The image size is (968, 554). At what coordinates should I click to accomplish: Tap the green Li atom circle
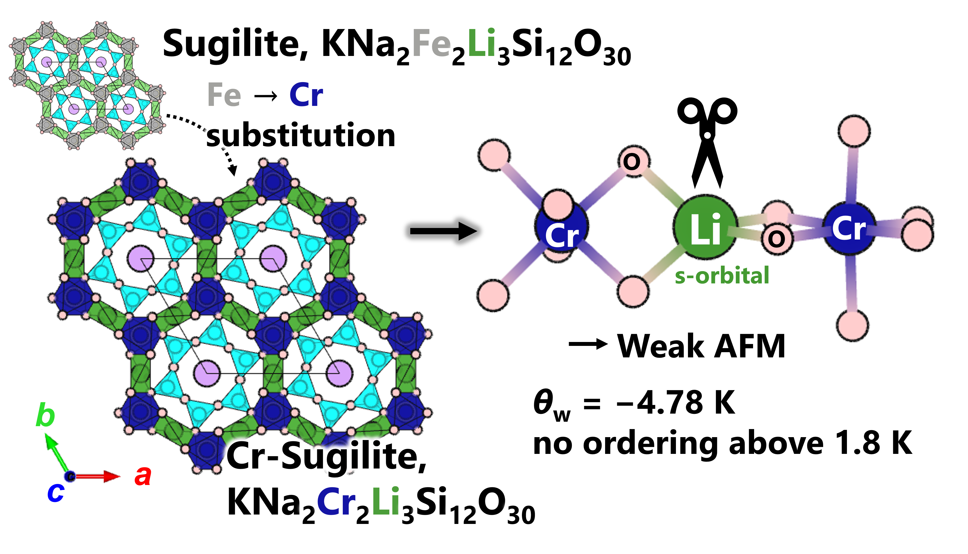pyautogui.click(x=705, y=227)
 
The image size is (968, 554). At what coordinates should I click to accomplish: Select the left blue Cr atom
pyautogui.click(x=561, y=228)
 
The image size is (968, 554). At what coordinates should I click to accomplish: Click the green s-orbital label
pyautogui.click(x=722, y=276)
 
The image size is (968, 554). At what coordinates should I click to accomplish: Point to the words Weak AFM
pyautogui.click(x=701, y=346)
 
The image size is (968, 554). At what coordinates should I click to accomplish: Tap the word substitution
pyautogui.click(x=301, y=135)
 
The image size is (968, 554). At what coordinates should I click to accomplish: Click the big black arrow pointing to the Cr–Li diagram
pyautogui.click(x=443, y=231)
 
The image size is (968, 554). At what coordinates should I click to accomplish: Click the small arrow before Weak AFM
pyautogui.click(x=588, y=344)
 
